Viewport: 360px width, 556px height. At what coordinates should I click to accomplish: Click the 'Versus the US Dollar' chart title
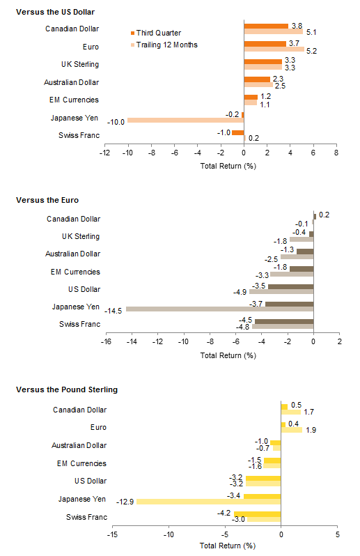point(55,12)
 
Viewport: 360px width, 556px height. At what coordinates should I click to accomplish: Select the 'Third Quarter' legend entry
point(156,33)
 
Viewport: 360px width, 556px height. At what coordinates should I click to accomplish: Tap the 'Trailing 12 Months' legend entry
point(164,45)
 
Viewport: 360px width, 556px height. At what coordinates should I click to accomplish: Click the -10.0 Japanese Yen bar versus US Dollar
point(186,121)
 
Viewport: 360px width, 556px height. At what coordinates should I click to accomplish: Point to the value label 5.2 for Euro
point(311,51)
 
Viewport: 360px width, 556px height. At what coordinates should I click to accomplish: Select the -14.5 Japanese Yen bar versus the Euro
point(219,309)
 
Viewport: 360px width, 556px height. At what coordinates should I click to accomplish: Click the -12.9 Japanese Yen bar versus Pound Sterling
point(209,502)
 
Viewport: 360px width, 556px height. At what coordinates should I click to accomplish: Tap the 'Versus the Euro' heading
point(47,200)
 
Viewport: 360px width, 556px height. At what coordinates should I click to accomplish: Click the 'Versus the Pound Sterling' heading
point(67,389)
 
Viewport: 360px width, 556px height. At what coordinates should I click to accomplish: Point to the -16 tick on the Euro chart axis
point(106,341)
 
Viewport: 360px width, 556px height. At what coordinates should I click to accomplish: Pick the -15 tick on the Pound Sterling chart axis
point(112,534)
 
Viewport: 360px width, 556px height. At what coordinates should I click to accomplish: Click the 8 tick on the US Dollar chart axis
point(336,153)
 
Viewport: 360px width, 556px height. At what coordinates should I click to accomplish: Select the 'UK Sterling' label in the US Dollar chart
point(79,64)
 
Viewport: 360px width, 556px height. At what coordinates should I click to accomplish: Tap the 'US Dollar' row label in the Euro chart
point(84,289)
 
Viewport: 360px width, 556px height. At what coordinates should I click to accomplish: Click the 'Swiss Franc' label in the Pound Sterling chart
point(86,517)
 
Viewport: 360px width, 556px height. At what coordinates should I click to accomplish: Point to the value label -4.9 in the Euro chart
point(240,292)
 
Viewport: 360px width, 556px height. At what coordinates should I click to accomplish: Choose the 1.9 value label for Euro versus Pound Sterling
point(311,430)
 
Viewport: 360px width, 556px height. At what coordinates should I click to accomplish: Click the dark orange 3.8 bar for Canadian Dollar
point(266,26)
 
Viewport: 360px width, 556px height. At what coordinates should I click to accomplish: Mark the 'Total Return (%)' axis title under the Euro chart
point(228,355)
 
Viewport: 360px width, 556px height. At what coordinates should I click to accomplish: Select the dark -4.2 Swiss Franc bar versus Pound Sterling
point(257,514)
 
